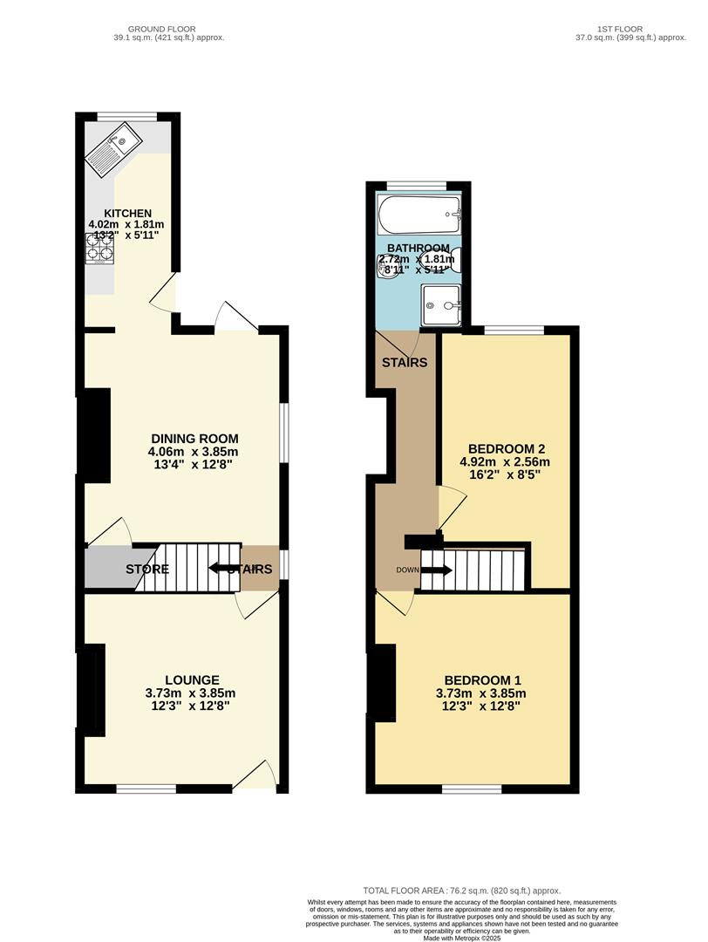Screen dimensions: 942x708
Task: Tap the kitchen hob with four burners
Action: pos(99,250)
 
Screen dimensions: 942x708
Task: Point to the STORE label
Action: pos(146,570)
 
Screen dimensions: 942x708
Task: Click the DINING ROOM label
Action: pos(194,439)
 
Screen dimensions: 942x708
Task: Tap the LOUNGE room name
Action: pos(193,680)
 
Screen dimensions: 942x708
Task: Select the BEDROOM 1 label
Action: pos(483,680)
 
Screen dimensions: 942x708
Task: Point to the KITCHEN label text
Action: pos(128,214)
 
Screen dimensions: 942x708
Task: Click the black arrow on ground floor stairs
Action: pos(222,569)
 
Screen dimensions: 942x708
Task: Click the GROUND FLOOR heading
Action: pos(162,29)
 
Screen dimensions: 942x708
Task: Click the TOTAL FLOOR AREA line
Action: pos(462,891)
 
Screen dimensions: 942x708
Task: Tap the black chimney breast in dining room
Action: pos(96,435)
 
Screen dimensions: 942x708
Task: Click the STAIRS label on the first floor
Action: pos(405,362)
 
